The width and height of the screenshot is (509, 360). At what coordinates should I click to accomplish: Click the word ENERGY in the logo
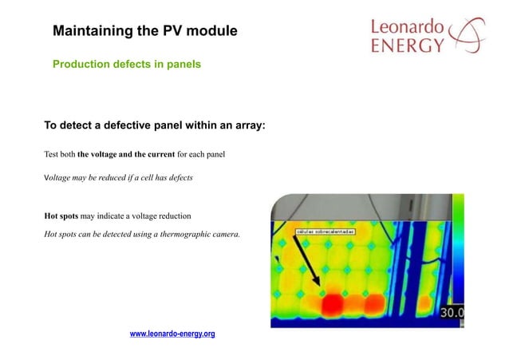[x=407, y=46]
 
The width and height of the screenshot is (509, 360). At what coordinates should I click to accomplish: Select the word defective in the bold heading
[x=124, y=125]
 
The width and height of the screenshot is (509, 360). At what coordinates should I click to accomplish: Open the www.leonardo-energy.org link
[x=172, y=334]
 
